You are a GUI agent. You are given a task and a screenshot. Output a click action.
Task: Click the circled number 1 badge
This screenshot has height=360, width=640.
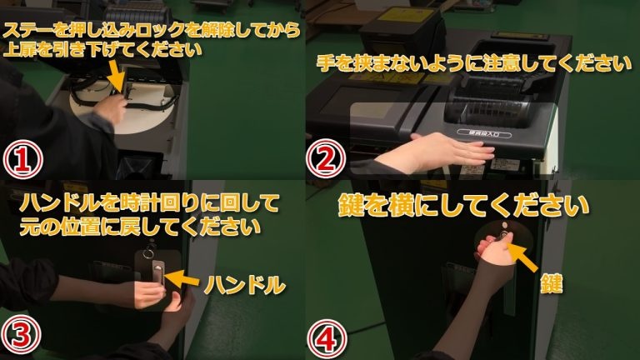pyautogui.click(x=23, y=160)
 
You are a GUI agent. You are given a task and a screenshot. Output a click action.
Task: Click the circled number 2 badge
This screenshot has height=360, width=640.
pyautogui.click(x=326, y=159)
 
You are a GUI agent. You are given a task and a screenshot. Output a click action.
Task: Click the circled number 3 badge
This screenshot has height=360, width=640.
pyautogui.click(x=21, y=335)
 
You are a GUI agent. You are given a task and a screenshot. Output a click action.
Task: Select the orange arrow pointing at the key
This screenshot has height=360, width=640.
pyautogui.click(x=523, y=257)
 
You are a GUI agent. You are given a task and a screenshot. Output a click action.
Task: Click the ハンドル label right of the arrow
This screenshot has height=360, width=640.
pyautogui.click(x=244, y=284)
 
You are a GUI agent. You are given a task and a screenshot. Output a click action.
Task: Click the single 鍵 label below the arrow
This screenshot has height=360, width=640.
pyautogui.click(x=551, y=283)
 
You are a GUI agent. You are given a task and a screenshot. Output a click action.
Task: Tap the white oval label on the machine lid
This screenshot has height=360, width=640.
pyautogui.click(x=484, y=133)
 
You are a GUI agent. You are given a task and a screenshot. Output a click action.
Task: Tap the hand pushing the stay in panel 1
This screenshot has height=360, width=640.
pyautogui.click(x=109, y=108)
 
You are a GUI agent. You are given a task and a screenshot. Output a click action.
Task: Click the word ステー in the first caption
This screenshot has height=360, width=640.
pyautogui.click(x=27, y=31)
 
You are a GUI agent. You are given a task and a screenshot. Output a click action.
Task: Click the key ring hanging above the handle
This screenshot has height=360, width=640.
pyautogui.click(x=148, y=252)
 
